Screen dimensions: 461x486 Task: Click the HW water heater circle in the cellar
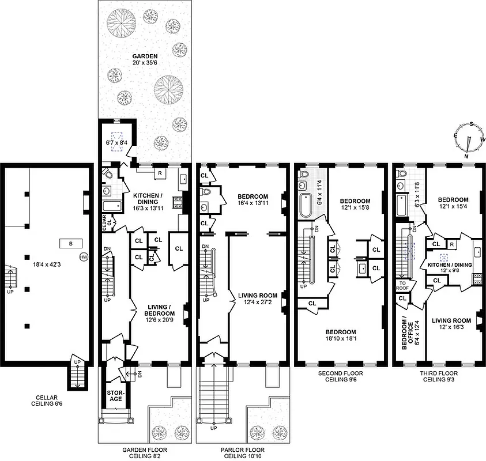[x=83, y=257]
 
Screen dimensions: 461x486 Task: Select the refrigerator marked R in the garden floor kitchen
[x=159, y=173]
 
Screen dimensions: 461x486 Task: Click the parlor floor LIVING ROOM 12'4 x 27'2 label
[x=258, y=298]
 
